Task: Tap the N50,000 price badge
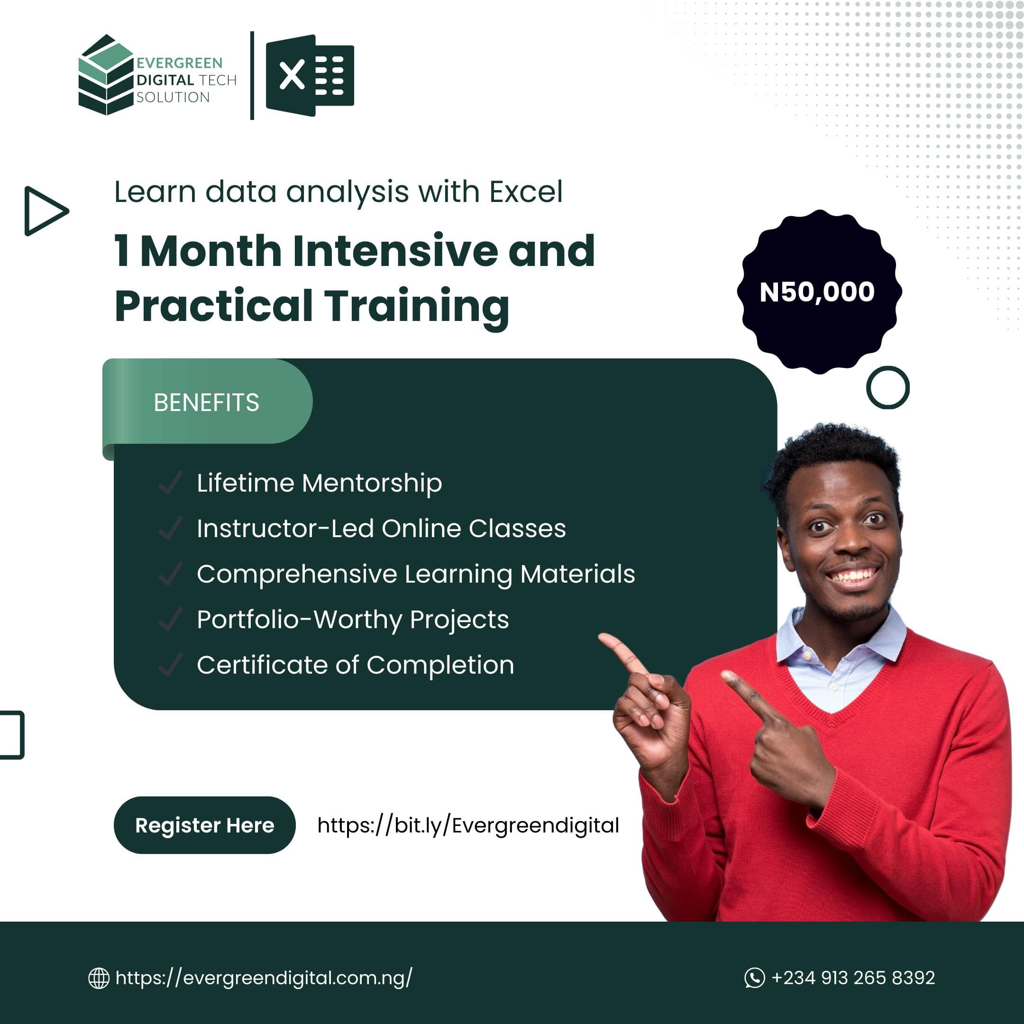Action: [819, 292]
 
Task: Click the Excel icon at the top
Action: [310, 75]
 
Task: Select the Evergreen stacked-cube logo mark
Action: [105, 75]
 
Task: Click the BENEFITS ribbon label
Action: [207, 402]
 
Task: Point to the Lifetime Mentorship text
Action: [319, 483]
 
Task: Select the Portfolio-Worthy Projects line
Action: [352, 620]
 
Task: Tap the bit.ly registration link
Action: [468, 825]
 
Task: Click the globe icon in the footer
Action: [99, 978]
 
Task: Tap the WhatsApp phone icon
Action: [754, 978]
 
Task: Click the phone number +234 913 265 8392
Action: [853, 978]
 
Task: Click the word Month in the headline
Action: [211, 251]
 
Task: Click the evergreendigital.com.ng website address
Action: [264, 978]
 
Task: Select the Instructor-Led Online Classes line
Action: [381, 529]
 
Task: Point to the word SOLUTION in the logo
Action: [173, 97]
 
